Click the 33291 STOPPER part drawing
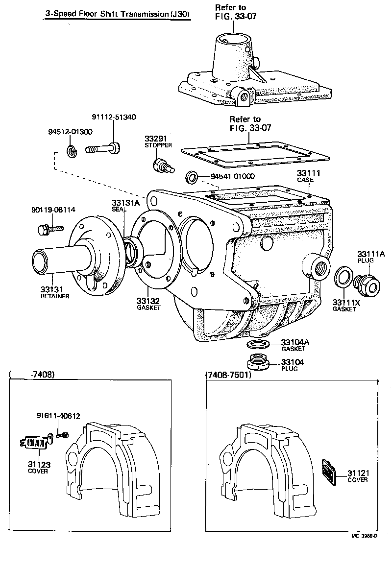160,166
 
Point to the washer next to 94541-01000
192,176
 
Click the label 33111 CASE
307,176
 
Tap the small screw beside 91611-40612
62,434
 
